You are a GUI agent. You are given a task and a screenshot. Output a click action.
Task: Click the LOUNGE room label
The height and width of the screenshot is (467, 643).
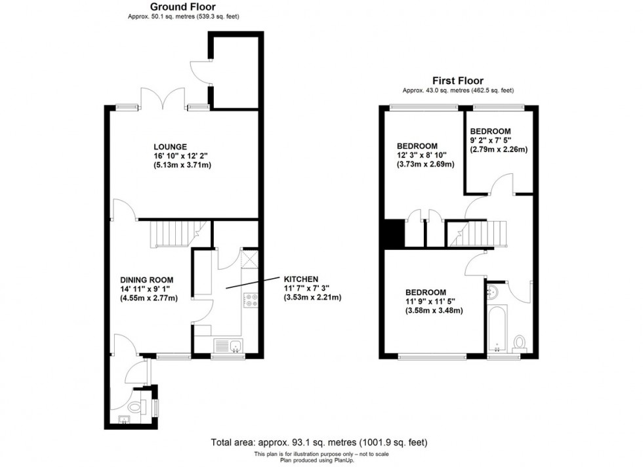pyautogui.click(x=171, y=146)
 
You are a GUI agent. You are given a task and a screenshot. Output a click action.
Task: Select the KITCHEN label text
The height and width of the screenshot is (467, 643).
pyautogui.click(x=301, y=278)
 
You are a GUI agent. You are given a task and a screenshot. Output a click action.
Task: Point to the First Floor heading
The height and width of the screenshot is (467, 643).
pyautogui.click(x=459, y=81)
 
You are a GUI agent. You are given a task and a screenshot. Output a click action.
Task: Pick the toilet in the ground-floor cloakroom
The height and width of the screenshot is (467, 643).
pyautogui.click(x=135, y=407)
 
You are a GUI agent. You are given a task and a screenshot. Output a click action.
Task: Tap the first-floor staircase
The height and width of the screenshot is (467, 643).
pyautogui.click(x=488, y=233)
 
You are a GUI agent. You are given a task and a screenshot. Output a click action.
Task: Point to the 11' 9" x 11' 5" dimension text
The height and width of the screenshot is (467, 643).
pyautogui.click(x=434, y=302)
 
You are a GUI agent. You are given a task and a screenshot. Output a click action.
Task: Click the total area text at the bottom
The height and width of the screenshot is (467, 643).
pyautogui.click(x=321, y=442)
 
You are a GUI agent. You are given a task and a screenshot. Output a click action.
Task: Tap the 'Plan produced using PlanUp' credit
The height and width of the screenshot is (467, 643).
pyautogui.click(x=321, y=459)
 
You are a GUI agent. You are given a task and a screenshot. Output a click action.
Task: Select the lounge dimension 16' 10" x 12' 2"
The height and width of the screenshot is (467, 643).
pyautogui.click(x=182, y=156)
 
